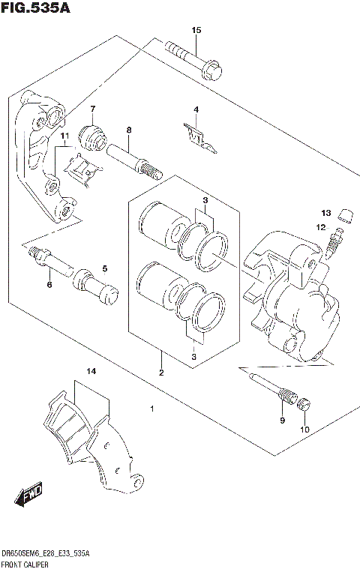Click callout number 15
(196, 30)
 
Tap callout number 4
(196, 110)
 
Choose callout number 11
(64, 136)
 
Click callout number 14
(91, 371)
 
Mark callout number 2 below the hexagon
(160, 372)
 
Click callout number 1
(151, 409)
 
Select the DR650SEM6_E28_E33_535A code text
(46, 553)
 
